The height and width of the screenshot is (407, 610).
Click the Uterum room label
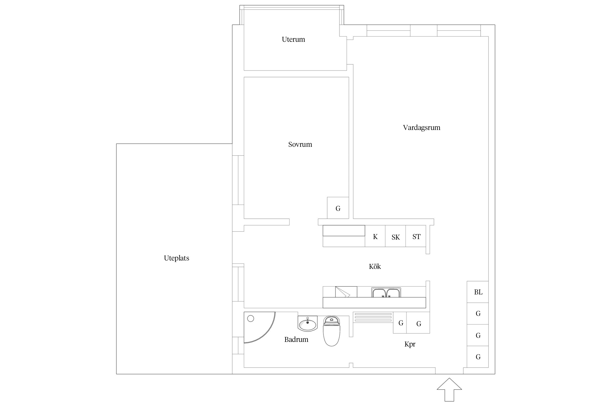point(293,40)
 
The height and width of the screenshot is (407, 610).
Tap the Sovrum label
point(300,144)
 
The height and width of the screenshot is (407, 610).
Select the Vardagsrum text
point(421,128)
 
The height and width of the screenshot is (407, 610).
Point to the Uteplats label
point(176,258)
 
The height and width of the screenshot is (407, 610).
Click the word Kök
point(375,266)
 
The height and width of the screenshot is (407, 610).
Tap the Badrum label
point(296,339)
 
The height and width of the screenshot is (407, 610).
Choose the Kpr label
point(410,344)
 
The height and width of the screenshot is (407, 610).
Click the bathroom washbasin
point(307,324)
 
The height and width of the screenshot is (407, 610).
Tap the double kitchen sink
point(386,293)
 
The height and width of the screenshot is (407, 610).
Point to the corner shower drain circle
point(251,319)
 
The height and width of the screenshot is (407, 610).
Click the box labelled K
point(375,236)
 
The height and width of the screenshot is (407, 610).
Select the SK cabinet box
point(395,237)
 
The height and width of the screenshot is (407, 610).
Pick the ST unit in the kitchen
point(416,236)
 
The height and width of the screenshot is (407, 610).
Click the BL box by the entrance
point(478,292)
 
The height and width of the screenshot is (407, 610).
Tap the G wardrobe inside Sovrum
point(338,208)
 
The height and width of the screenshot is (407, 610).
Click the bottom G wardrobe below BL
point(478,357)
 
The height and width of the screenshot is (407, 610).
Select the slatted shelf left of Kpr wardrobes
point(373,317)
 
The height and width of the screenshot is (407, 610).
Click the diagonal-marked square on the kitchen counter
point(346,292)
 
